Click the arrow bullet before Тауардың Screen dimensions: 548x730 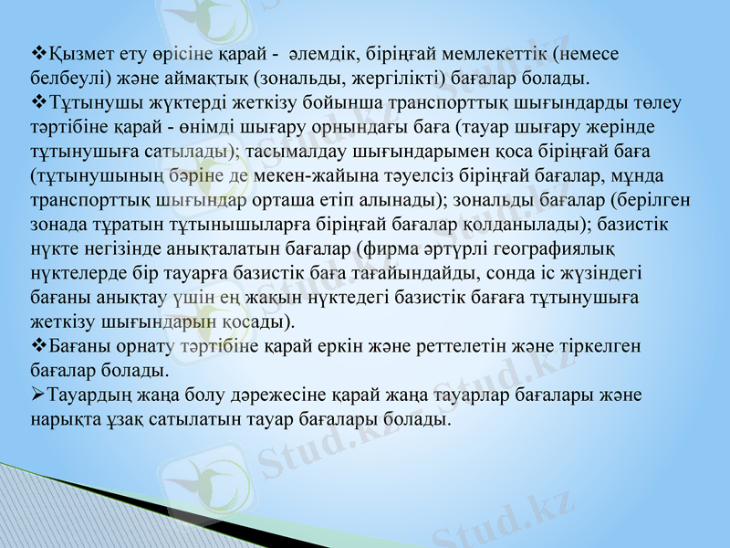(x=37, y=395)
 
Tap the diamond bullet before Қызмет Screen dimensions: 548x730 (x=37, y=53)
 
